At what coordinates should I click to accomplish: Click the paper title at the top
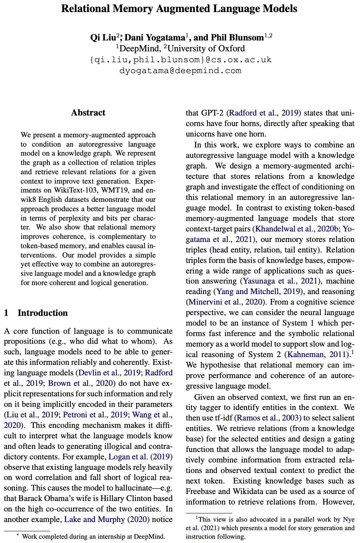pos(179,9)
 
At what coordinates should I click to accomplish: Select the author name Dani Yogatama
pos(155,38)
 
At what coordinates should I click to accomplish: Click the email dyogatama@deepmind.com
pos(180,71)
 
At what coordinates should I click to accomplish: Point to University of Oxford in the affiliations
pos(206,49)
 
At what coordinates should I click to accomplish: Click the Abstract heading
pos(88,113)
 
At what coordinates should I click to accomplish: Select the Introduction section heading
pos(42,313)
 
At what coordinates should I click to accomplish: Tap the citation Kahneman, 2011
pos(316,355)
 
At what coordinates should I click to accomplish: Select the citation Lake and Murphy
pos(95,520)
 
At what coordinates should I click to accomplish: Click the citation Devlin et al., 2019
pos(109,373)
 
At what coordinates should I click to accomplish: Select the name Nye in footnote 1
pos(349,520)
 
